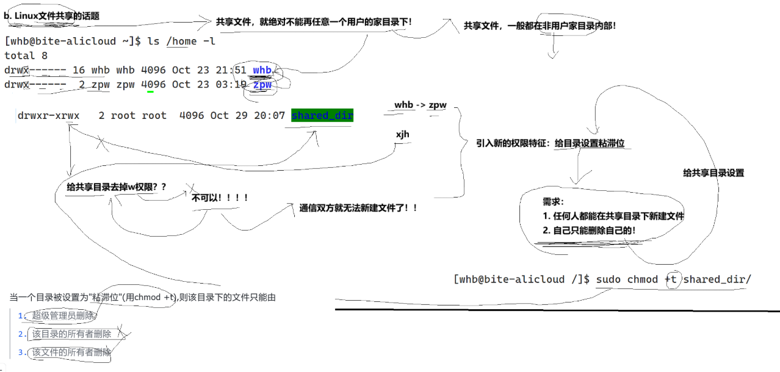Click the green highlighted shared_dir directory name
(x=322, y=115)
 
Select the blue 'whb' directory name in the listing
(x=262, y=70)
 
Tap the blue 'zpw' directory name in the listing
(x=262, y=85)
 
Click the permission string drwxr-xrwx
(x=49, y=115)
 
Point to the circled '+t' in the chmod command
(x=671, y=279)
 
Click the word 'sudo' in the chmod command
(x=608, y=279)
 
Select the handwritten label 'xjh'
(x=402, y=134)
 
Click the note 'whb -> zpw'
(x=420, y=105)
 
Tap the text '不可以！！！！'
(x=220, y=198)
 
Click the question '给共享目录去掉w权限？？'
(x=117, y=187)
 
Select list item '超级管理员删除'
(x=63, y=315)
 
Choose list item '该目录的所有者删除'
(x=72, y=334)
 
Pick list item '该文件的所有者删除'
(x=72, y=352)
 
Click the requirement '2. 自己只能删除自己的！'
(x=589, y=231)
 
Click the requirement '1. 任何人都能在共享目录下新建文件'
(x=613, y=216)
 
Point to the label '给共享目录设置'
(x=713, y=173)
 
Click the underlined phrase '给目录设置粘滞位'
(x=590, y=143)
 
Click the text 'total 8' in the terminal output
(x=26, y=55)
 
